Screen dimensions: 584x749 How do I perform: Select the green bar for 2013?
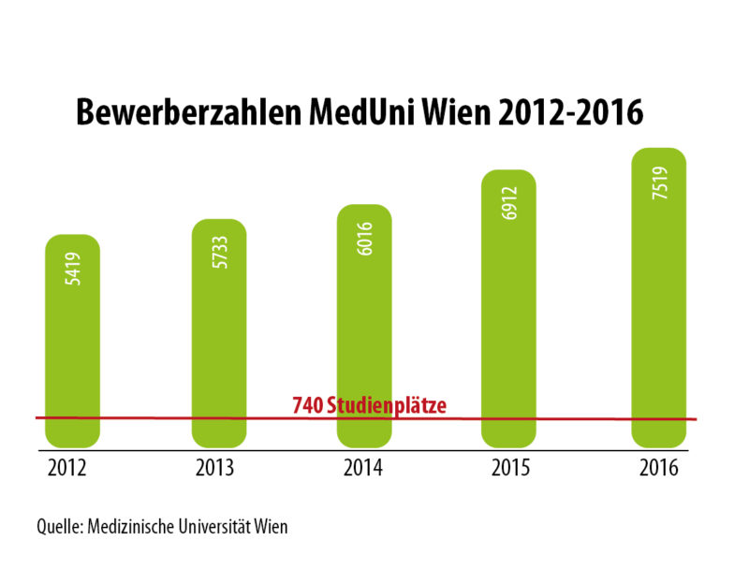(218, 346)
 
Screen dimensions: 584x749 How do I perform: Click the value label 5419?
(73, 270)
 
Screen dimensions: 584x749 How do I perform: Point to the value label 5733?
(219, 255)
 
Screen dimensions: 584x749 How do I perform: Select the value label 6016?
(365, 240)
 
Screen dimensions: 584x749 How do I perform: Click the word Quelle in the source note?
(58, 527)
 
